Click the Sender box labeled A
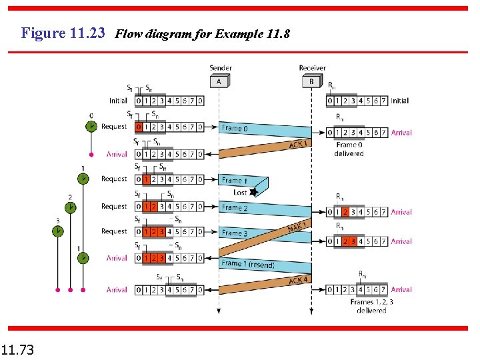(219, 81)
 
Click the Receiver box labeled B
(311, 81)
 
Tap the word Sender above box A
(221, 67)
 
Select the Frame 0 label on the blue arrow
(234, 128)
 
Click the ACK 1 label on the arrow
(298, 144)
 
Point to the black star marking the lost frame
(253, 192)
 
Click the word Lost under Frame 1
(240, 192)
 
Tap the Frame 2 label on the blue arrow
(234, 207)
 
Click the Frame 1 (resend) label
(247, 264)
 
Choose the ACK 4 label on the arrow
(298, 280)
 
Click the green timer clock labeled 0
(91, 127)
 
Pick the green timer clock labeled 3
(58, 231)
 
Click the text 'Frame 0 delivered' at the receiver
(349, 149)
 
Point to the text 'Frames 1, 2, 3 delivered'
(371, 306)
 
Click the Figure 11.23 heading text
(63, 33)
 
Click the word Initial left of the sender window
(119, 101)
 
